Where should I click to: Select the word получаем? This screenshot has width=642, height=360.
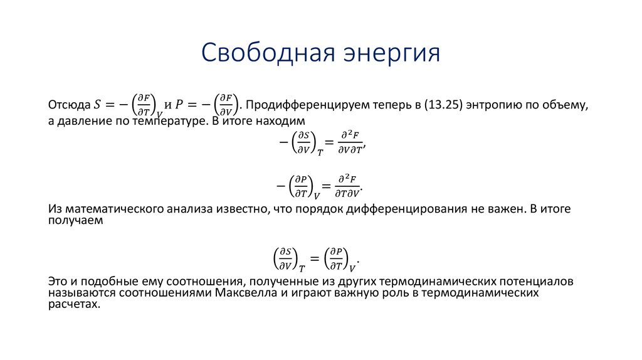74,221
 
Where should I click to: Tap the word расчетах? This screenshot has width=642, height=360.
73,304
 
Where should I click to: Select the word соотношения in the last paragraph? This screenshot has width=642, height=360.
189,280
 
